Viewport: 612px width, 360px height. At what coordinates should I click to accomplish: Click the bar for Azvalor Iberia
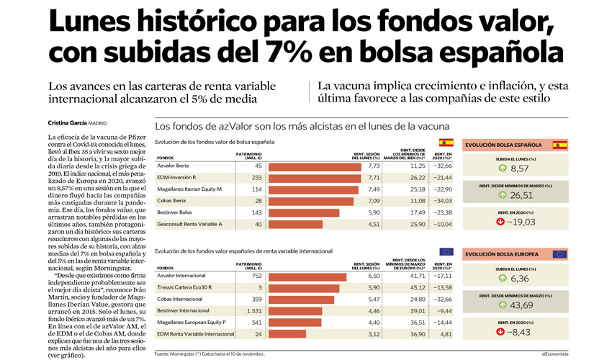point(313,166)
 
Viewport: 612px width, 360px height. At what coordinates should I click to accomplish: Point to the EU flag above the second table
point(446,251)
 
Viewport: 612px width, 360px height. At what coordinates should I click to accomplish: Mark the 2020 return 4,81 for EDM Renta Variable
point(444,335)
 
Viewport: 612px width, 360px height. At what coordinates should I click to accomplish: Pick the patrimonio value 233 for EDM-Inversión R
point(256,178)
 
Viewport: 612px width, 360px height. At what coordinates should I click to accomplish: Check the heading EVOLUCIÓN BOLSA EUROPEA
point(505,254)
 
